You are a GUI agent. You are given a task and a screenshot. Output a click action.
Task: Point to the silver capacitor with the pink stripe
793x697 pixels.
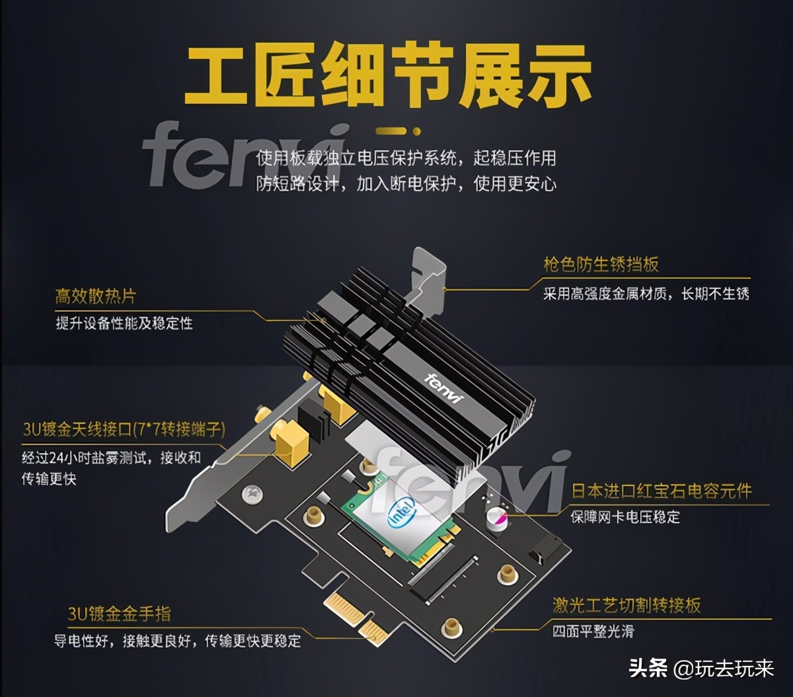pyautogui.click(x=497, y=519)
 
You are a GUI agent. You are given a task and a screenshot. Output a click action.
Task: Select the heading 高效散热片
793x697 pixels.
pyautogui.click(x=96, y=296)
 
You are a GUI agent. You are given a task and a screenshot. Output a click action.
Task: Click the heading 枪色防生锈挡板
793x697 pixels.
pyautogui.click(x=601, y=265)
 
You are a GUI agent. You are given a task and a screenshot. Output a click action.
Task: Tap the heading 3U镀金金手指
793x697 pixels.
pyautogui.click(x=119, y=614)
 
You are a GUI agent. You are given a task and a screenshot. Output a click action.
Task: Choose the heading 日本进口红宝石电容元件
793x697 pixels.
pyautogui.click(x=661, y=491)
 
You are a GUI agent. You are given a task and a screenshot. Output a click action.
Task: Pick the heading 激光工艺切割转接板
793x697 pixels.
pyautogui.click(x=626, y=605)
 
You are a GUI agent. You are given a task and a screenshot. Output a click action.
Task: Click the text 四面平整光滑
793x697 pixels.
pyautogui.click(x=593, y=632)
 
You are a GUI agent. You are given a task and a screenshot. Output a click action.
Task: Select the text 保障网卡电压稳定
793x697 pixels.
pyautogui.click(x=625, y=517)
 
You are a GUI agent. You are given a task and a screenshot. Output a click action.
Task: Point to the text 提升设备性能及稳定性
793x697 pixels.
pyautogui.click(x=124, y=323)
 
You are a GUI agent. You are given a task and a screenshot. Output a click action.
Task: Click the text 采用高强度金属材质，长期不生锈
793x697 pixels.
pyautogui.click(x=646, y=294)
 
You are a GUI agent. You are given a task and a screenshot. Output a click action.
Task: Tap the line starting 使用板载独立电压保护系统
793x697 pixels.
pyautogui.click(x=406, y=158)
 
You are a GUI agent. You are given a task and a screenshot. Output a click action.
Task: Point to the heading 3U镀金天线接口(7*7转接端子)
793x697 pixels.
pyautogui.click(x=124, y=429)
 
